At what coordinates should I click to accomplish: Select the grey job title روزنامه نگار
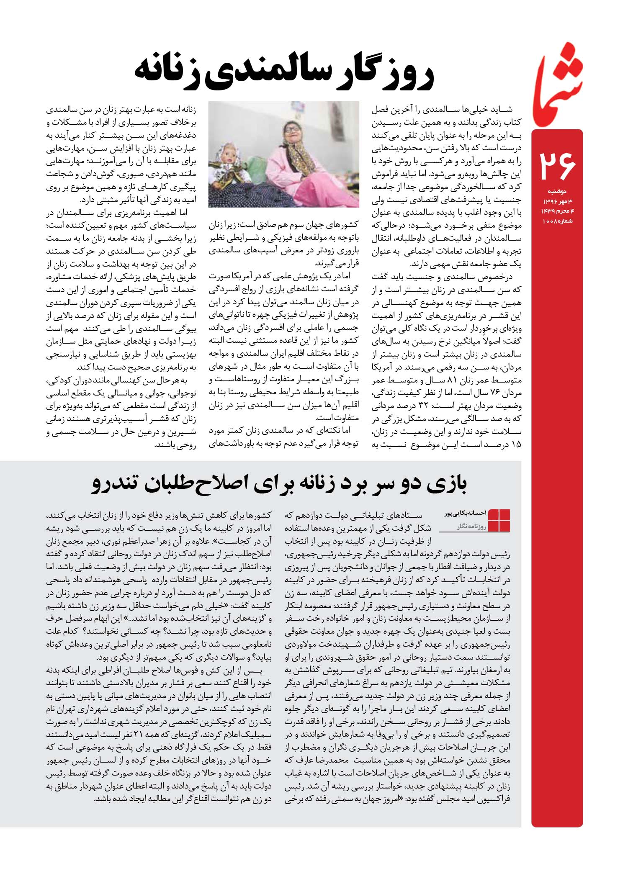coord(471,527)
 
